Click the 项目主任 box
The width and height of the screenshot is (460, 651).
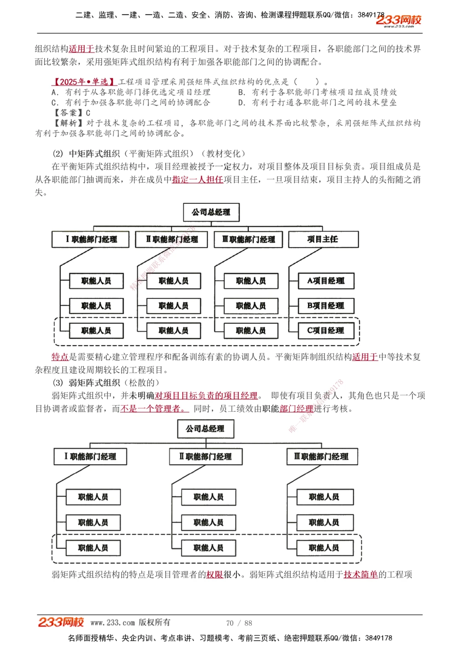(x=323, y=239)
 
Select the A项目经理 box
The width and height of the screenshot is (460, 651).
(x=326, y=281)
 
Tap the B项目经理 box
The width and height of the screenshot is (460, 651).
(x=326, y=305)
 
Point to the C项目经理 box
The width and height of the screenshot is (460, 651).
(x=326, y=330)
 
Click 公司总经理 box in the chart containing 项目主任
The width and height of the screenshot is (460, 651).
(x=211, y=212)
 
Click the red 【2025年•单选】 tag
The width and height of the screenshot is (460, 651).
(x=84, y=82)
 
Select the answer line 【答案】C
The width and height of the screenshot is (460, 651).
(x=72, y=113)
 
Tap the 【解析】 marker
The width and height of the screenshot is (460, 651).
(x=69, y=123)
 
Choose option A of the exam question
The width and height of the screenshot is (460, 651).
(x=131, y=92)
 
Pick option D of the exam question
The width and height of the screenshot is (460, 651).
(x=317, y=102)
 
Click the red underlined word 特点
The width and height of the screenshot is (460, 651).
(x=60, y=357)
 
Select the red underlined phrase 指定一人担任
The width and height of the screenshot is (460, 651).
(x=197, y=179)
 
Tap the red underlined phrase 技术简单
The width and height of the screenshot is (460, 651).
(x=361, y=574)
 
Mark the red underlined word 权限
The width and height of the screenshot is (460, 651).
(x=214, y=574)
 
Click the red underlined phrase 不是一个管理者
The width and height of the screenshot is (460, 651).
(x=154, y=408)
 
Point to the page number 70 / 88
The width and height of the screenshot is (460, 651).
(x=239, y=623)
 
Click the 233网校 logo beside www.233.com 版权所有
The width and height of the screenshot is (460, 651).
(x=61, y=622)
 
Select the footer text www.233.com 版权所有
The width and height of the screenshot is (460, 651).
(x=130, y=622)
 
